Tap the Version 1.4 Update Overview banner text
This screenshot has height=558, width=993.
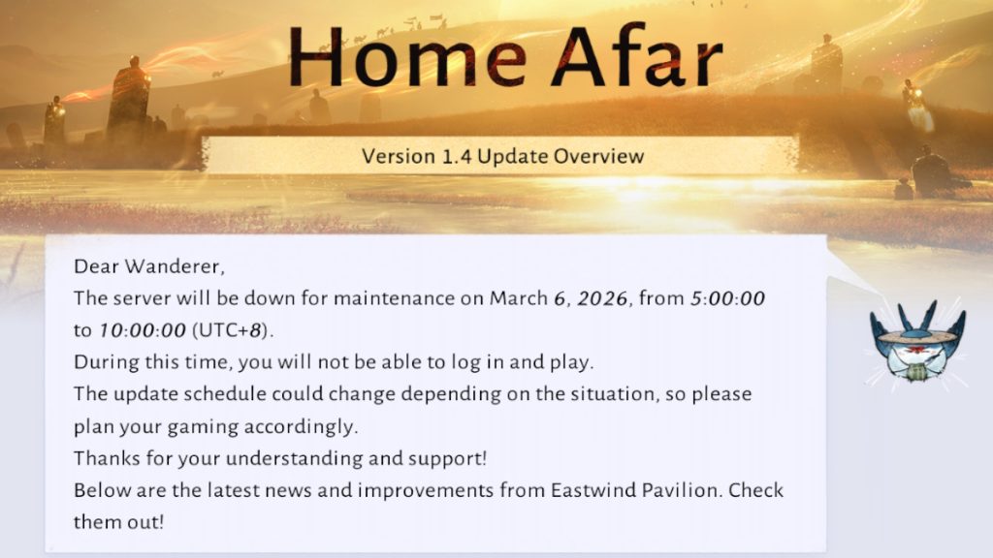503,156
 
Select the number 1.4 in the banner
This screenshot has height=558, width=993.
456,156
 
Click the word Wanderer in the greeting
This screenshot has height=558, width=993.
175,266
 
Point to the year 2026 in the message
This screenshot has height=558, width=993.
603,298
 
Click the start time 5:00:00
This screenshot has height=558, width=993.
727,298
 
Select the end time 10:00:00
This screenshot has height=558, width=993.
143,330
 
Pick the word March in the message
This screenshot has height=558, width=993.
519,298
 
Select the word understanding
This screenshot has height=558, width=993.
294,458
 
